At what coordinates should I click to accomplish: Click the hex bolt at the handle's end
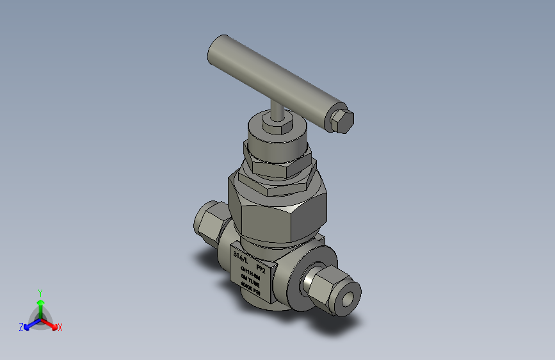(343, 121)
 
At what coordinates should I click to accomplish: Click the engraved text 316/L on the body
(240, 256)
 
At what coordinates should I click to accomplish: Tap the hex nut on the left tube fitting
(209, 221)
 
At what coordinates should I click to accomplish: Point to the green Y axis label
(40, 291)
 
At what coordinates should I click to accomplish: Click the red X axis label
(60, 328)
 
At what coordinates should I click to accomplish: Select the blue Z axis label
(21, 327)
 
